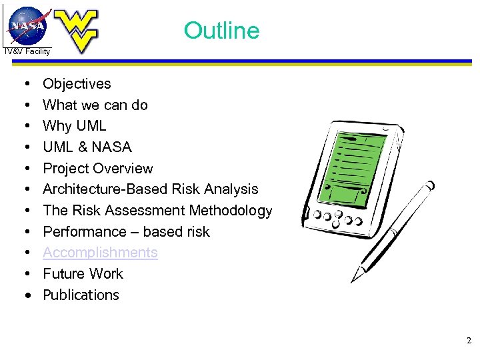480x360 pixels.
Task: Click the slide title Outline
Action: [x=221, y=31]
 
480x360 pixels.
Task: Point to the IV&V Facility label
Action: [x=27, y=51]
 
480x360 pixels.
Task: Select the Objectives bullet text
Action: [x=77, y=84]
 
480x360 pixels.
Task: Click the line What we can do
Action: [x=95, y=105]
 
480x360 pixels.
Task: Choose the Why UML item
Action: [x=74, y=126]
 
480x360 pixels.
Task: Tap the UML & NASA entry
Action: [x=87, y=147]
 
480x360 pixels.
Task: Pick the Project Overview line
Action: [x=97, y=168]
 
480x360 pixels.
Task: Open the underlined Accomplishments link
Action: [x=100, y=253]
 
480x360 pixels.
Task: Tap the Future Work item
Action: [x=83, y=274]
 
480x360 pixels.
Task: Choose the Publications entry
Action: [x=81, y=295]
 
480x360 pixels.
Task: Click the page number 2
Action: [x=469, y=341]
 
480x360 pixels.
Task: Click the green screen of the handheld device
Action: [x=360, y=164]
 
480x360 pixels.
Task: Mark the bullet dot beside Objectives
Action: [x=24, y=84]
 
